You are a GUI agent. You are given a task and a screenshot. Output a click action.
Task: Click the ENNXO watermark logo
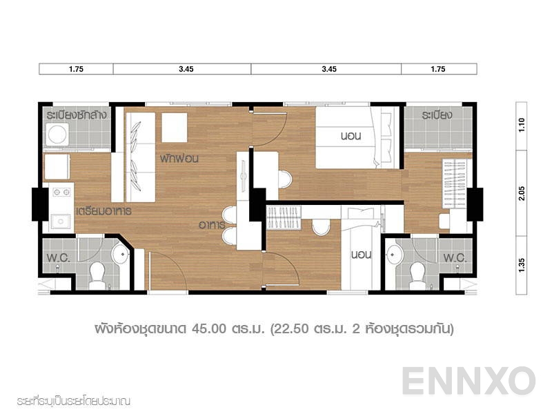pos(469,381)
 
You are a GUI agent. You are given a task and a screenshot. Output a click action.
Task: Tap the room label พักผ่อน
pos(179,158)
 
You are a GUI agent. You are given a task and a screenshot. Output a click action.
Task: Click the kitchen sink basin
pos(60,221)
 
